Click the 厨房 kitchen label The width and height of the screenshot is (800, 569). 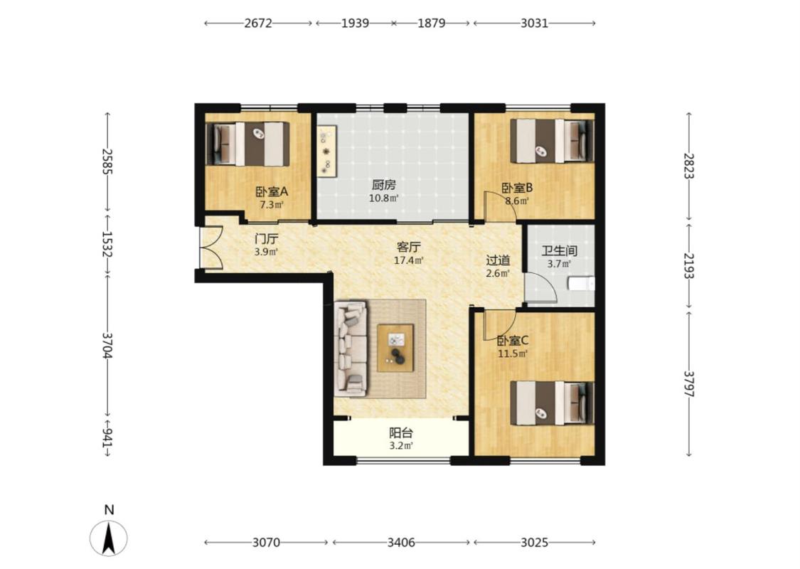point(384,185)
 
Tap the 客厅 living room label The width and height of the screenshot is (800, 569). point(409,248)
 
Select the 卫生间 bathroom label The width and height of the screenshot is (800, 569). point(559,251)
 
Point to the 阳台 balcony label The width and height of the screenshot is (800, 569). point(401,433)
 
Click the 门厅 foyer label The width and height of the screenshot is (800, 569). point(267,239)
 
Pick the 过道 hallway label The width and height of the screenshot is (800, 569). point(498,260)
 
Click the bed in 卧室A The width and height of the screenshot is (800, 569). point(248,144)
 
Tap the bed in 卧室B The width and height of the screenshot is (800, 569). point(552,141)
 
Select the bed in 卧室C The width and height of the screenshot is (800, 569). point(552,403)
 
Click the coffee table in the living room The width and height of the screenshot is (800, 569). point(395,348)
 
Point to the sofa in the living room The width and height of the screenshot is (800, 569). point(351,349)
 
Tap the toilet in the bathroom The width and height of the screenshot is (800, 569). point(582,283)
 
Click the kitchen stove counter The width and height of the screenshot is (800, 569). point(326,151)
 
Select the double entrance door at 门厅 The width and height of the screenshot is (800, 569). point(210,248)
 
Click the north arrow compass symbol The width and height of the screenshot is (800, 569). point(109,538)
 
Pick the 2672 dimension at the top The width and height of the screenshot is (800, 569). point(258,23)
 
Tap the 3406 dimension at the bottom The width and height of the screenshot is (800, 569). point(401,543)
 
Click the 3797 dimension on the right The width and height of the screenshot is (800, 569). point(689,384)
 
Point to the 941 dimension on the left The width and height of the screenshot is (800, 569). point(107,437)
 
